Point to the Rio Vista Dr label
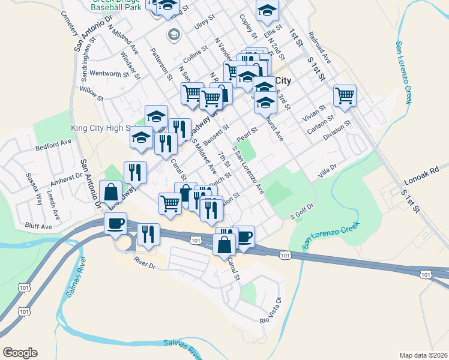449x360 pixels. (x=271, y=311)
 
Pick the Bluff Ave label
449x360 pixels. (x=39, y=226)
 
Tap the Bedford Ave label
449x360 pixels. (x=53, y=146)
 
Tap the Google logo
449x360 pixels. (x=20, y=352)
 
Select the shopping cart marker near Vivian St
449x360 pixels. (x=345, y=95)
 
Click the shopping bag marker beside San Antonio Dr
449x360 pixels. (x=111, y=192)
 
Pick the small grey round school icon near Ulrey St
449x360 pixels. (x=174, y=34)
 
